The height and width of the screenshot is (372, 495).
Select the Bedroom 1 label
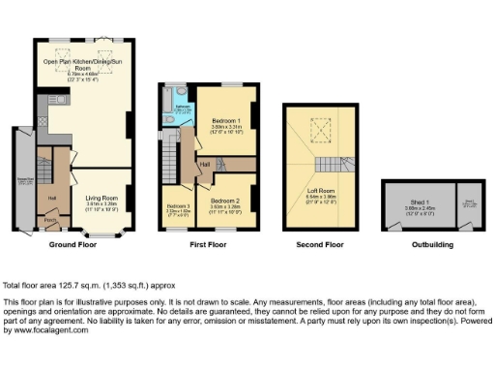[x=226, y=123]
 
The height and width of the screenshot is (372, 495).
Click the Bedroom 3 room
[x=178, y=209]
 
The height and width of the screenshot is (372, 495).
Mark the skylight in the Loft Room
[x=315, y=127]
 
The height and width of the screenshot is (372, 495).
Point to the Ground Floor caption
[x=73, y=244]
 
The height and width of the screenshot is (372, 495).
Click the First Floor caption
[x=209, y=244]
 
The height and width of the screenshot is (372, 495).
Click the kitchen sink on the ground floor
[x=59, y=100]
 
